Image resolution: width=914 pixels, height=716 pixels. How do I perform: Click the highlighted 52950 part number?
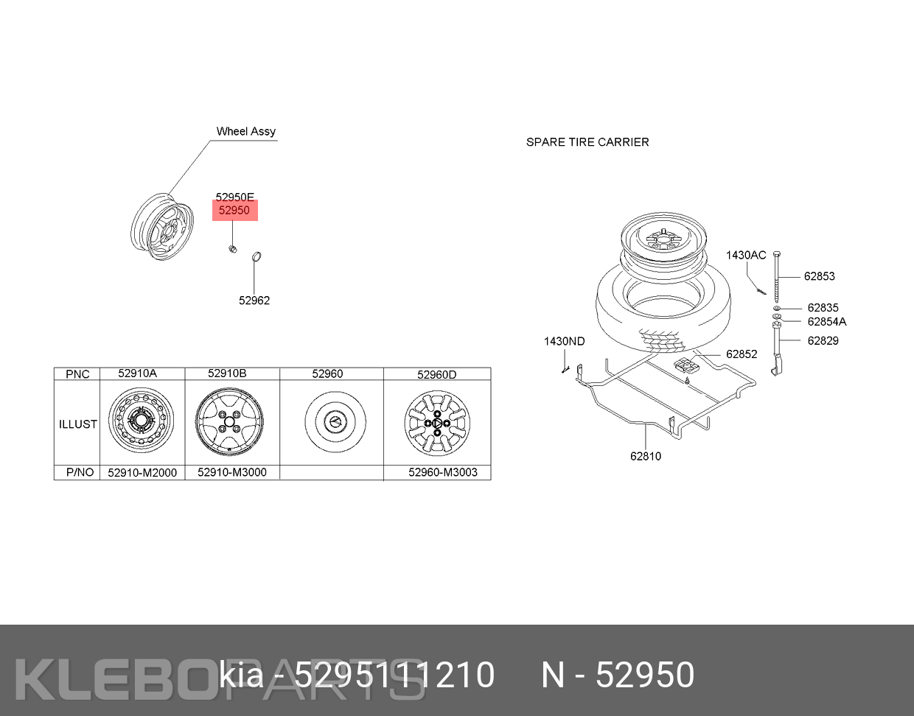tap(234, 210)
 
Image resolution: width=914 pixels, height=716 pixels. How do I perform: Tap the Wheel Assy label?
tap(246, 132)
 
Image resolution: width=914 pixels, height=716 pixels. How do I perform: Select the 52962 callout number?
tap(254, 301)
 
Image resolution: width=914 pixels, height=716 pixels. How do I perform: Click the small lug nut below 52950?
tap(232, 248)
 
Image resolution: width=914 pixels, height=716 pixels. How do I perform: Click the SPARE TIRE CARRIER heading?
tap(587, 142)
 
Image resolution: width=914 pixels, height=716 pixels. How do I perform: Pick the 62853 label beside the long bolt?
tap(819, 276)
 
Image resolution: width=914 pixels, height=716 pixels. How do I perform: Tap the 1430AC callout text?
tap(746, 255)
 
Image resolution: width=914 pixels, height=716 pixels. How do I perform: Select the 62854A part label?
tap(826, 321)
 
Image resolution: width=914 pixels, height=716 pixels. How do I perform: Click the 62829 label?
tap(823, 340)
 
